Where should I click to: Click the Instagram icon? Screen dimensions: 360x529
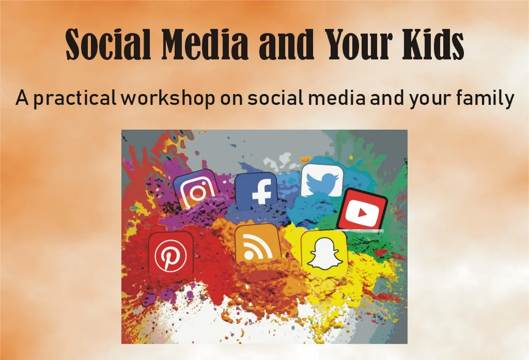point(196,190)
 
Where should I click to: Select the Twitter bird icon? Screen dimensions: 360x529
point(322,182)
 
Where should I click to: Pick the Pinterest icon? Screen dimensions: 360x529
point(171,254)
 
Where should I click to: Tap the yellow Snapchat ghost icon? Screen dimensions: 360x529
point(324,252)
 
